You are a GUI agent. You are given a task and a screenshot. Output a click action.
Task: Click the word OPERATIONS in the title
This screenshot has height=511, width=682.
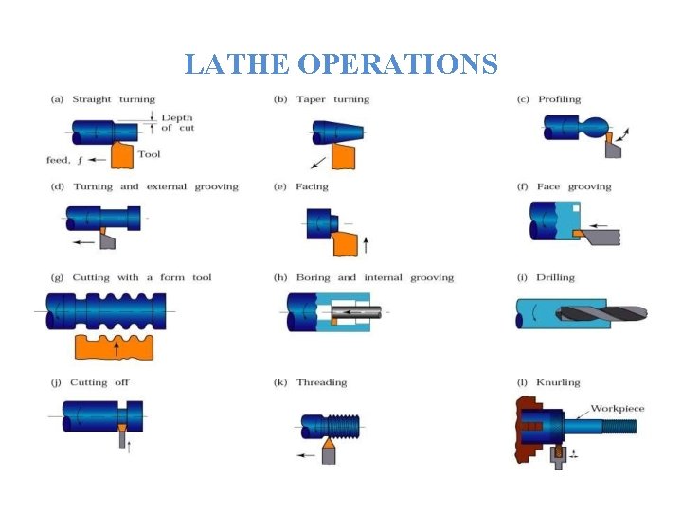(x=397, y=64)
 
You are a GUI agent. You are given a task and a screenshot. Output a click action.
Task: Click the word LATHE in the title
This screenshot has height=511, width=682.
(x=237, y=64)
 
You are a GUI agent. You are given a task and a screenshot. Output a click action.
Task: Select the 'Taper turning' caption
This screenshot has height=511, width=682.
(x=333, y=99)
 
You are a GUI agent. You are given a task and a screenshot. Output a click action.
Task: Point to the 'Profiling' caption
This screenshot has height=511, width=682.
(x=560, y=99)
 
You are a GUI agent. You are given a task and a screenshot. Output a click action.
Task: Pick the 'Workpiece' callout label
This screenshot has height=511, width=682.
(x=618, y=409)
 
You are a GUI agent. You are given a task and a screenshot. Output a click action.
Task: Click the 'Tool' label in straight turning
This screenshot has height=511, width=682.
(x=149, y=154)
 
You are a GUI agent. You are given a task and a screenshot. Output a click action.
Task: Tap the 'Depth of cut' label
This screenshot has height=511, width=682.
(x=177, y=123)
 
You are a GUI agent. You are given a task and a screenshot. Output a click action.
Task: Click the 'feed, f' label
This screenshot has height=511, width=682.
(x=64, y=160)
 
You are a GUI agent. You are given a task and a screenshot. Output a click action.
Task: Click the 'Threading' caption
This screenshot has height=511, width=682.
(x=322, y=382)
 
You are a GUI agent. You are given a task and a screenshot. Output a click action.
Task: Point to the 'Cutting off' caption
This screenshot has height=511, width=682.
(x=99, y=382)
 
